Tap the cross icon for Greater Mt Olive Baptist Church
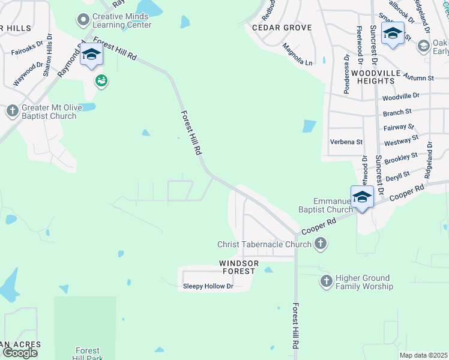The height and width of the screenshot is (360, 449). click(x=12, y=111)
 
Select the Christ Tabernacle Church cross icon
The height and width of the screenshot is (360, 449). click(x=321, y=244)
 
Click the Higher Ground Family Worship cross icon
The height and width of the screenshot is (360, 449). click(x=326, y=281)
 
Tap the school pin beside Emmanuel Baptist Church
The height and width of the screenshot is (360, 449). click(x=363, y=197)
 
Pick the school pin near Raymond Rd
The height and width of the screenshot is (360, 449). click(x=91, y=55)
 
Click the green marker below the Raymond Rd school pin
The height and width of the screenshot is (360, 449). click(x=101, y=80)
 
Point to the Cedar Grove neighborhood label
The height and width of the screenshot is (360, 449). click(x=282, y=28)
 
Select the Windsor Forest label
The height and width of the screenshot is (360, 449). click(x=239, y=267)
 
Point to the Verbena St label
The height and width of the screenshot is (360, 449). click(x=346, y=142)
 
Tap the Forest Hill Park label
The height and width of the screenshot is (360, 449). click(x=87, y=354)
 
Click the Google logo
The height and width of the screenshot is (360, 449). click(x=20, y=353)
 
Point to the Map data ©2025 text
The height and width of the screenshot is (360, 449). click(x=423, y=355)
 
